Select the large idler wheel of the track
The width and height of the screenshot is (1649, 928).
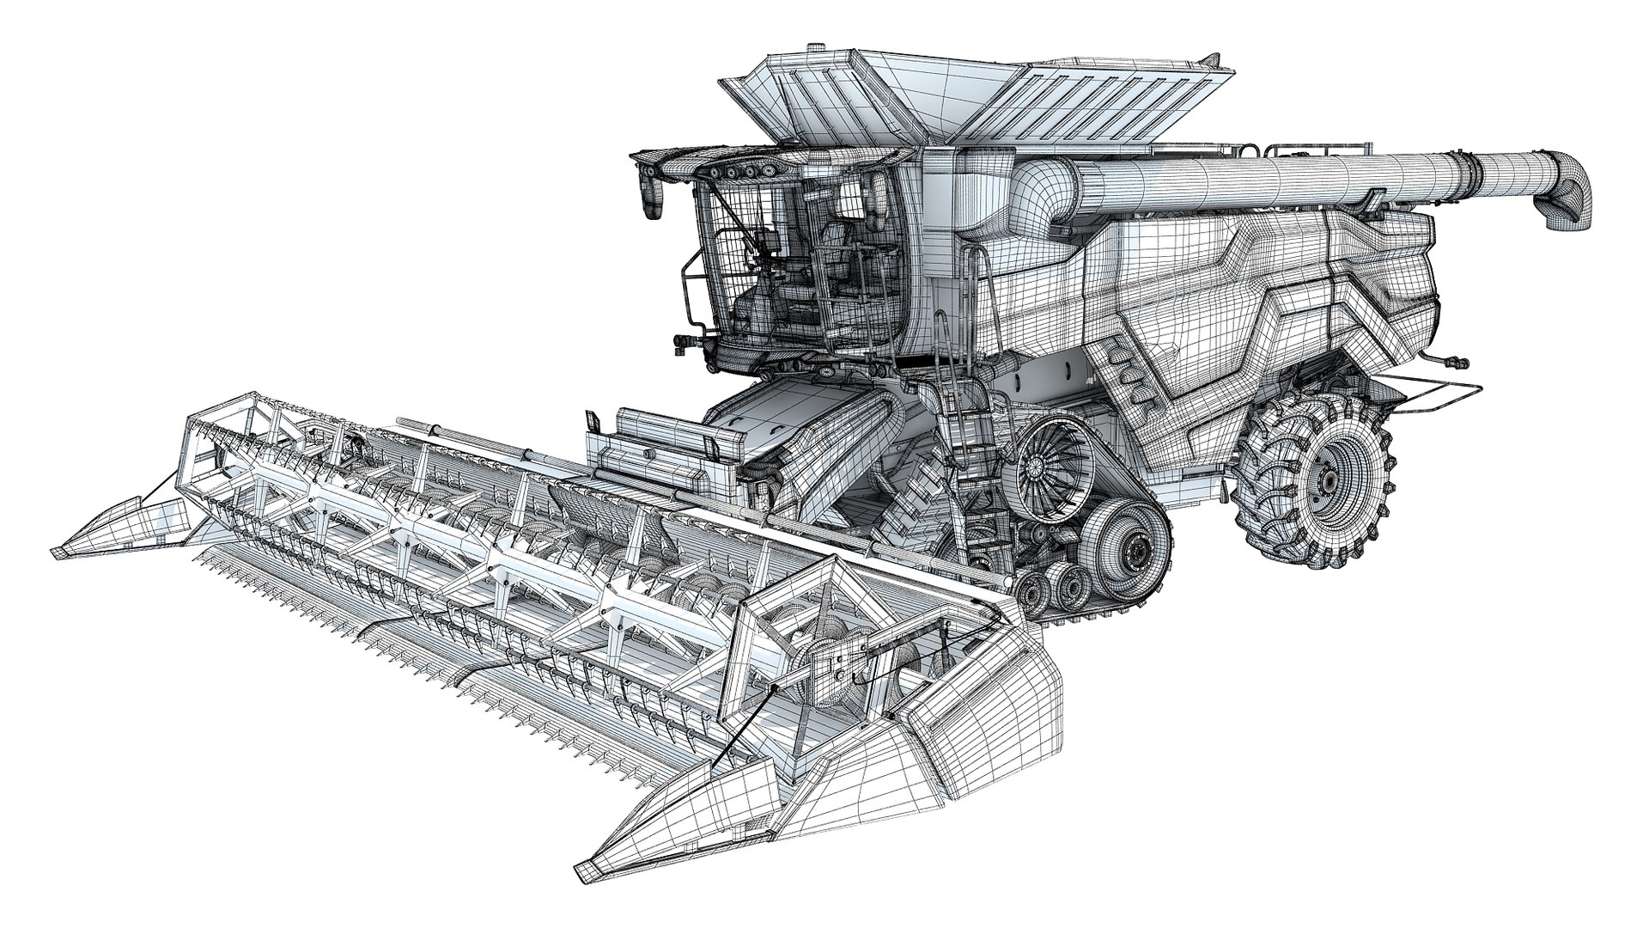pyautogui.click(x=1127, y=549)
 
